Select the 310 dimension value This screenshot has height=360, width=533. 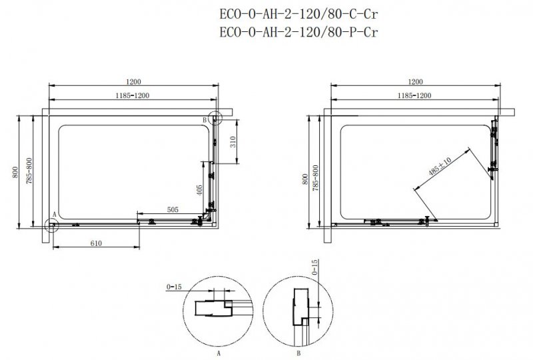233,141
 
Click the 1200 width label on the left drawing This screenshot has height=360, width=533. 133,81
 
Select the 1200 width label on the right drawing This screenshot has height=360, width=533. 414,81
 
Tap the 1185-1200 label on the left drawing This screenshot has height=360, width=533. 133,97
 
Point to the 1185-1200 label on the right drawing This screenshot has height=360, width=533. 414,97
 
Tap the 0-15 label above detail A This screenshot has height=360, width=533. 174,287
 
